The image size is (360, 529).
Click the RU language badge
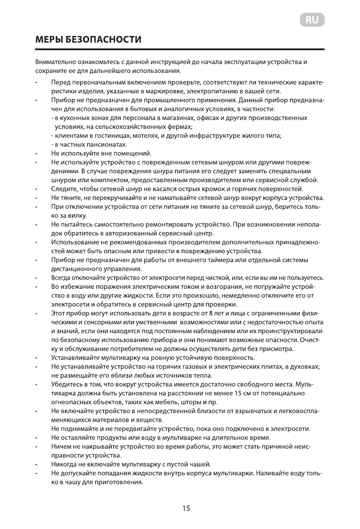[x=312, y=20]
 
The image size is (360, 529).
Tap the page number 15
[x=186, y=508]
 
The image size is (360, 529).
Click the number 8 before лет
[x=206, y=314]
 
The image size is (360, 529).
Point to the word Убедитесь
[x=67, y=384]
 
